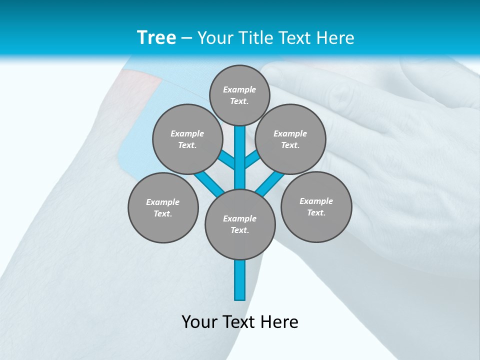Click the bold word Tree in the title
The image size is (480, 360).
point(156,38)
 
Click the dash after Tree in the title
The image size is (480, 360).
point(186,38)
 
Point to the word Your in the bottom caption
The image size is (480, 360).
point(200,322)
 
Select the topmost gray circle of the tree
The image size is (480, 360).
point(239,95)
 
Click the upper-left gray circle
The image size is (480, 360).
point(187,139)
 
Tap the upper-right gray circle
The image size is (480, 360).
point(290,139)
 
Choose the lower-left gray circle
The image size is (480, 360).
point(163,207)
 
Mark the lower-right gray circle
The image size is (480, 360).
point(316,206)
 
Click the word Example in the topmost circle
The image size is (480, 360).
point(239,89)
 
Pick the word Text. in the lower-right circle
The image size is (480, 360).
point(316,212)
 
